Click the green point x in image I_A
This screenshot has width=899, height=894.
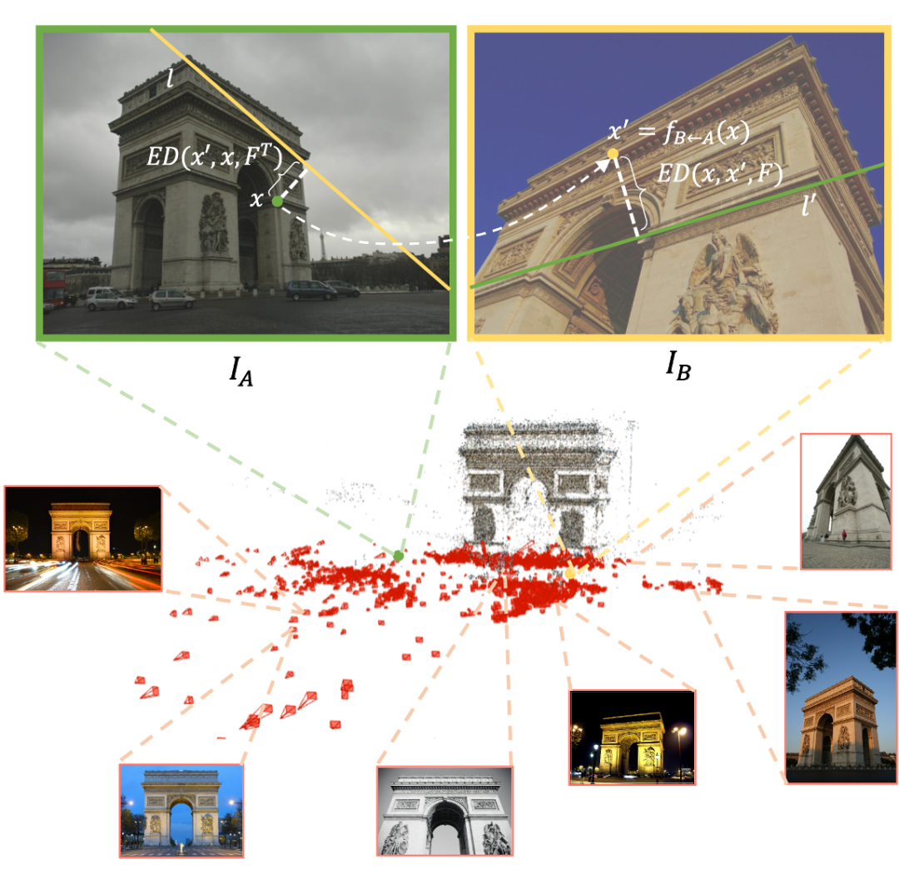point(277,201)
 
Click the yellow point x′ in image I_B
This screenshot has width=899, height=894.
point(613,153)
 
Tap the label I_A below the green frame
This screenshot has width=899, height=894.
point(242,371)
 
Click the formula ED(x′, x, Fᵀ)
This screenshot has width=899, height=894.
point(214,158)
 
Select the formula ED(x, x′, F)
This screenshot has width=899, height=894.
point(717,173)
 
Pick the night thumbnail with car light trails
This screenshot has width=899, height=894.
point(82,539)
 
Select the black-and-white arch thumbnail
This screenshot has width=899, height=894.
point(445,812)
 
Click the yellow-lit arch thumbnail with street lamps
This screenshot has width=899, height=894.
point(632,737)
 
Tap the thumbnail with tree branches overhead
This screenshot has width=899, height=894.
point(842,698)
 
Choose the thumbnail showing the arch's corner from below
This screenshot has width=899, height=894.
point(845,501)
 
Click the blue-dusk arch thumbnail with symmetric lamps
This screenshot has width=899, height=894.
point(181,810)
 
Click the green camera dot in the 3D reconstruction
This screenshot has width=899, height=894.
point(399,555)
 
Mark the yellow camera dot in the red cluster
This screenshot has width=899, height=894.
point(570,574)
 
